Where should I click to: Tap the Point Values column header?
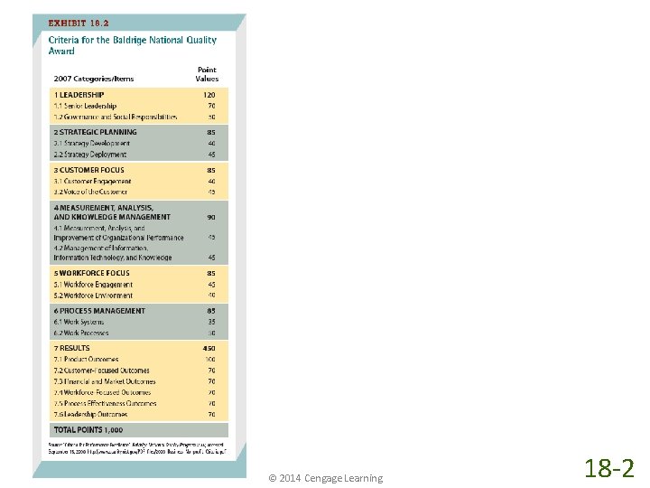coord(207,74)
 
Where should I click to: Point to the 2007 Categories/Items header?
coord(94,79)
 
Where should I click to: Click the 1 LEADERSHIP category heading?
coord(79,95)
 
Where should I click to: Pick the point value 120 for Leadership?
coord(210,95)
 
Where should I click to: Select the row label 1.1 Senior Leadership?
coord(85,106)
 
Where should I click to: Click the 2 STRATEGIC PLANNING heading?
coord(96,132)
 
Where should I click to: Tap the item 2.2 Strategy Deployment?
coord(89,155)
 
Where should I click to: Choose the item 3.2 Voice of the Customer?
coord(90,192)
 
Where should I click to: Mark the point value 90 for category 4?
coord(211,217)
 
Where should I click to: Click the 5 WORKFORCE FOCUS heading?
coord(91,273)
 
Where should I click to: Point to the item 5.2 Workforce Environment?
coord(93,296)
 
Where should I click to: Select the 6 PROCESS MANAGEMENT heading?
coord(99,311)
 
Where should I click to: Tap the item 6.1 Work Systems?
coord(79,322)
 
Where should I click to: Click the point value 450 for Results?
coord(209,348)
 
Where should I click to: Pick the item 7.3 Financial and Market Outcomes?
coord(105,381)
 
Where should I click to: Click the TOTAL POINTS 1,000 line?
coord(88,430)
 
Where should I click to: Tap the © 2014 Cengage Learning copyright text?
coord(325,478)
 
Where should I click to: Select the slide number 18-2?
coord(609,468)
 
